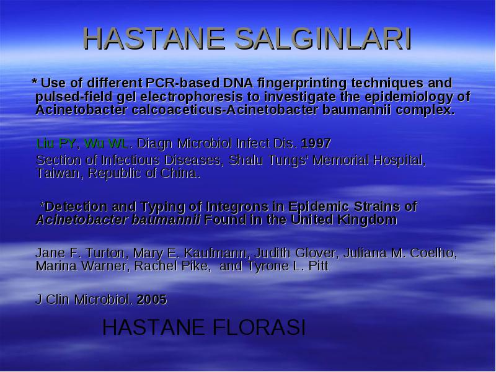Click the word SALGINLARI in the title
tap(322, 38)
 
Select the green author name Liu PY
tap(56, 143)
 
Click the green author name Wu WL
tap(106, 143)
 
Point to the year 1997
tap(316, 143)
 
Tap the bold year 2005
tap(152, 299)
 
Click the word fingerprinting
tap(302, 83)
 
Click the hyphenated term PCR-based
tap(182, 83)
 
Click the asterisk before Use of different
tap(35, 82)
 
